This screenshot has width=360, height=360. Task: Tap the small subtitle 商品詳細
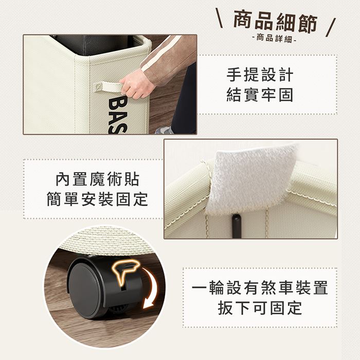point(274,38)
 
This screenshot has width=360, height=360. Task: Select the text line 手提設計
point(260,75)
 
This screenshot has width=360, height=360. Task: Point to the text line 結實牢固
point(260,95)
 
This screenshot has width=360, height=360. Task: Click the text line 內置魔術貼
point(97,179)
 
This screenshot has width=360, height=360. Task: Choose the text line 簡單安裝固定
point(97,199)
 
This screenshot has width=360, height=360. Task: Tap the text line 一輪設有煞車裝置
point(260,287)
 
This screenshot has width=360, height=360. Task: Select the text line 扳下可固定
point(260,308)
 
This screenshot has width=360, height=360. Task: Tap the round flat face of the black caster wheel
point(84,291)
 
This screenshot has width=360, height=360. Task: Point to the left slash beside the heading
point(219,18)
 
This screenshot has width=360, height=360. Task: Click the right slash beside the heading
point(331,28)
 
